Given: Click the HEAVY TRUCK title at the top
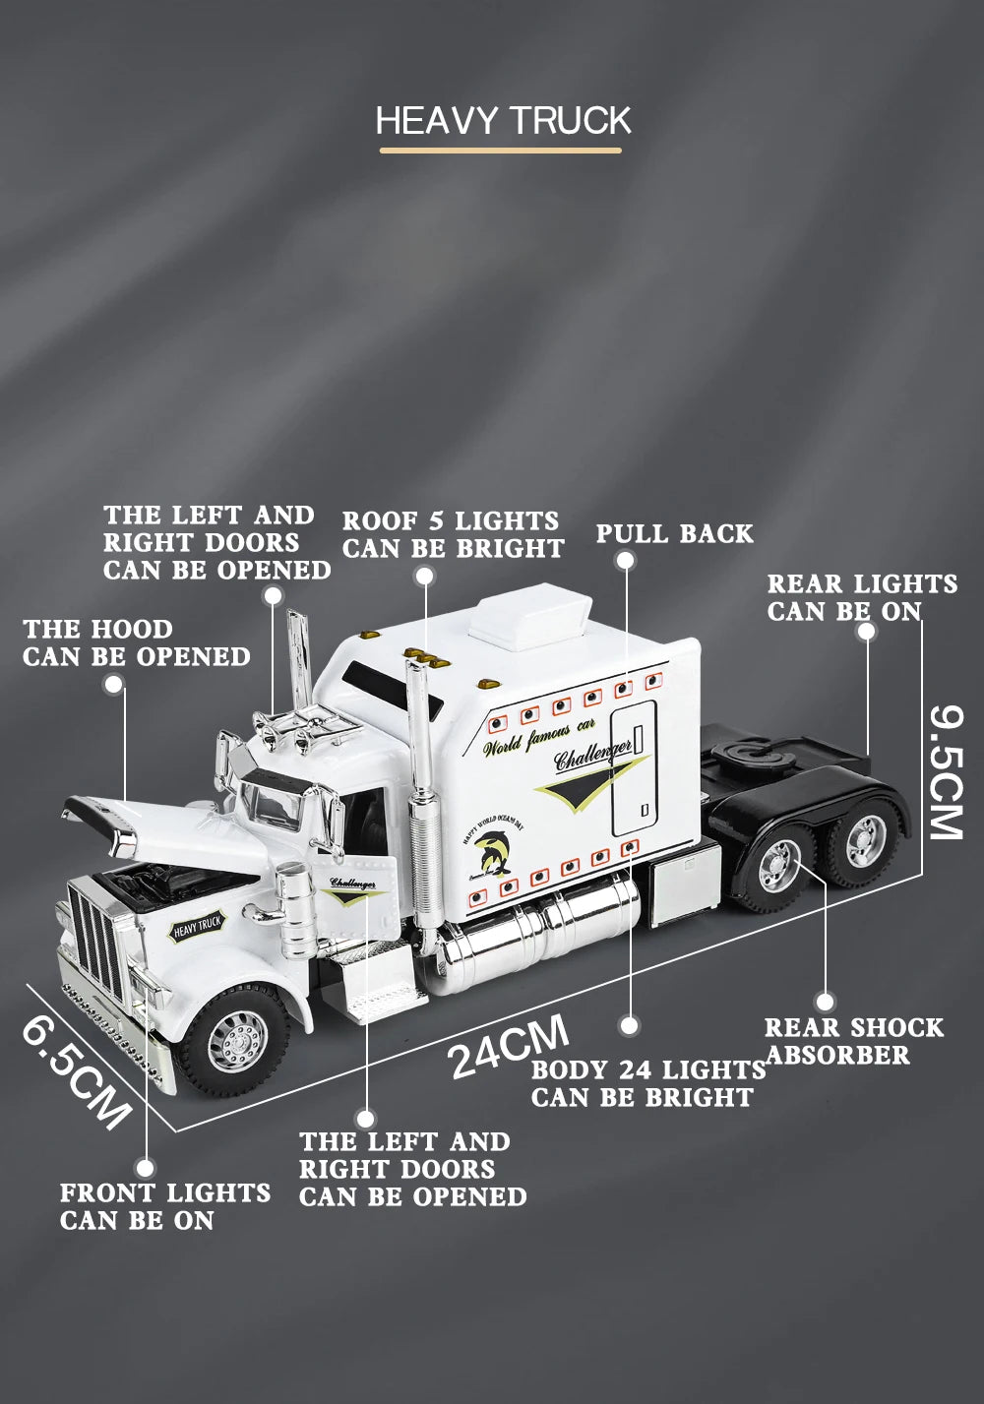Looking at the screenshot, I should (x=503, y=120).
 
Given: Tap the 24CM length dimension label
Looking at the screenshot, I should (x=509, y=1047).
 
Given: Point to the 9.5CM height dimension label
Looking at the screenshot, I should (x=947, y=771).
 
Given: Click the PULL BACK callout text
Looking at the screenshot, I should (x=674, y=534).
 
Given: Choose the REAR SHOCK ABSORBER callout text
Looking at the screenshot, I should (x=853, y=1041).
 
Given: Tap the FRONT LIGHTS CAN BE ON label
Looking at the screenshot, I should (x=164, y=1206).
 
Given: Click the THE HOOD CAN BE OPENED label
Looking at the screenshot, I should (x=136, y=642).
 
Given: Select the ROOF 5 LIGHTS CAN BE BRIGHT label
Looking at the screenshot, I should (x=453, y=534).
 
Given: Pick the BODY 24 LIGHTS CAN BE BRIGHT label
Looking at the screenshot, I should (x=647, y=1083).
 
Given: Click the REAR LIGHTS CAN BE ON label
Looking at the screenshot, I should (x=862, y=597).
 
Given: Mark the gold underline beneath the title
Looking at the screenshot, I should (x=501, y=151).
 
